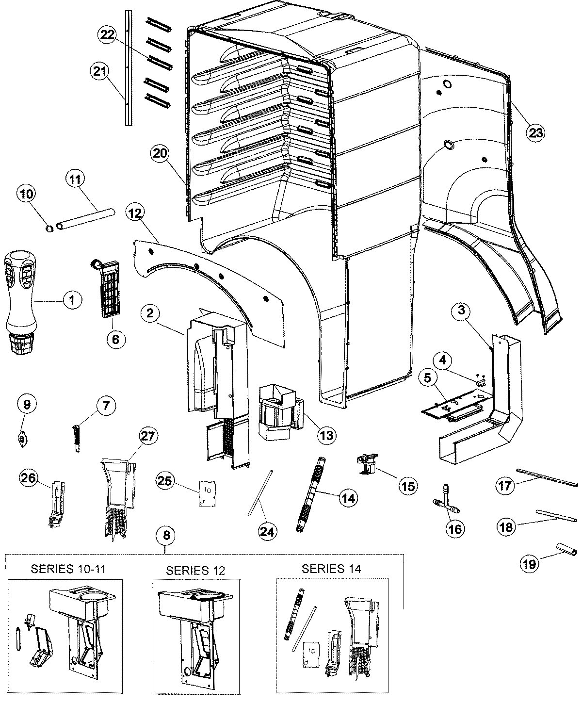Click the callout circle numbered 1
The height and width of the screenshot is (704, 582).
point(72,301)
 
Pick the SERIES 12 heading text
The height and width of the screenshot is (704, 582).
point(195,570)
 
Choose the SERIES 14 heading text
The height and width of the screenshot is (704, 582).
point(331,569)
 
